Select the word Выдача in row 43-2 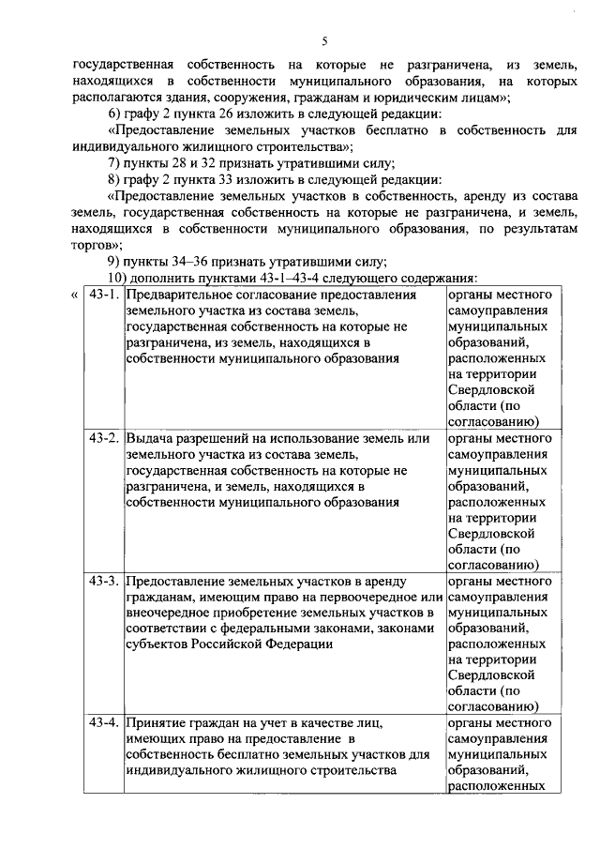point(145,438)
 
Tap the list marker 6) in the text point(113,114)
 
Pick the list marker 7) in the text point(113,162)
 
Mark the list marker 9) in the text point(113,261)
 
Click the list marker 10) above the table point(116,278)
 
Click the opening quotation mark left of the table point(74,296)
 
